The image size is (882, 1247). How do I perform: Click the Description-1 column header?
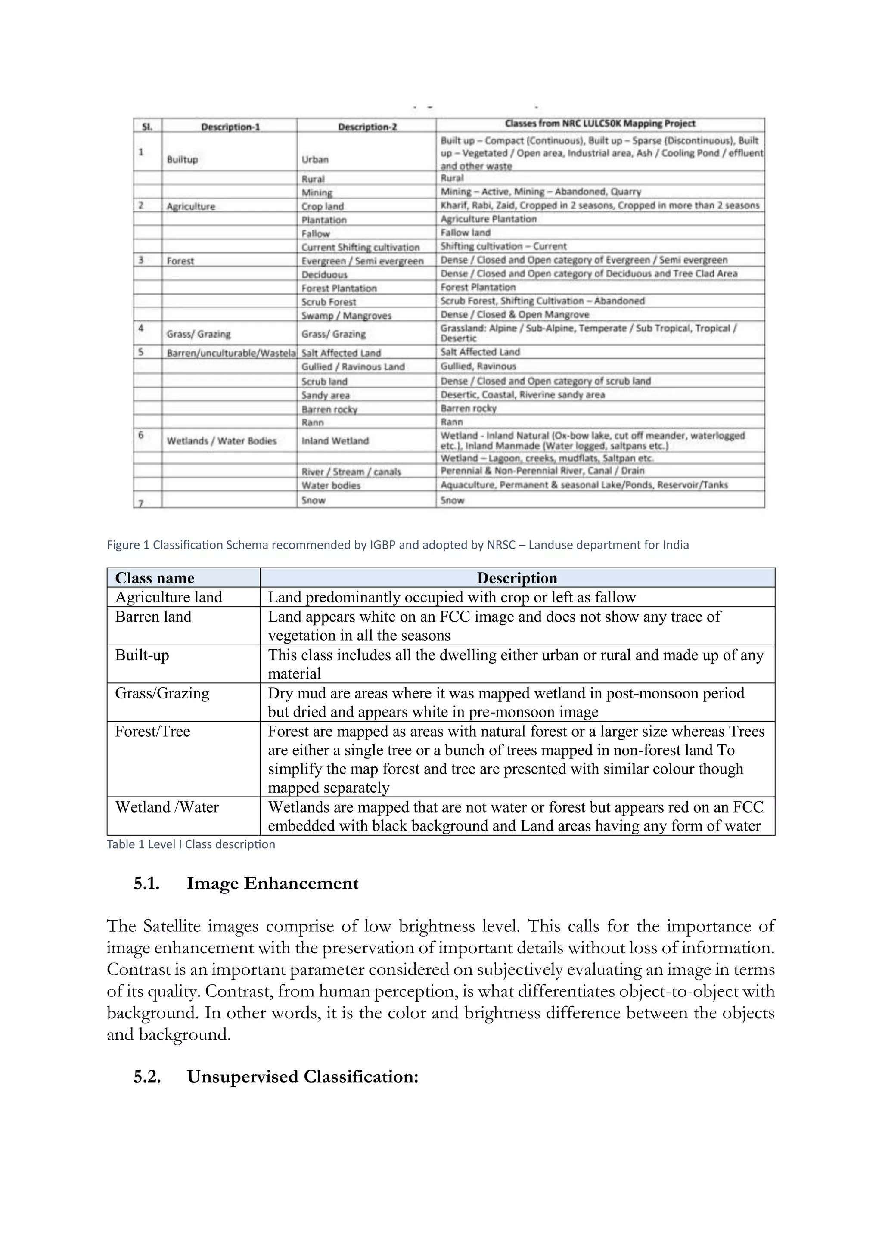pos(230,127)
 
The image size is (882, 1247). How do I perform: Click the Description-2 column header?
pos(367,127)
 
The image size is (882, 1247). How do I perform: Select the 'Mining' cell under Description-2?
pos(317,192)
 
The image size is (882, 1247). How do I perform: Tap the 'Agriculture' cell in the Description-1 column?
pos(191,206)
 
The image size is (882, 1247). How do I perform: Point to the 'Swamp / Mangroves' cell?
pos(347,316)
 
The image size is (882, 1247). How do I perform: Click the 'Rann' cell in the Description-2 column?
pos(313,422)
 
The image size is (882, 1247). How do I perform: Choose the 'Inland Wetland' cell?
pos(335,441)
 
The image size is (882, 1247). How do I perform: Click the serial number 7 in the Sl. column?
pos(141,503)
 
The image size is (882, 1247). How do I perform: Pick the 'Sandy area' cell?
pos(326,395)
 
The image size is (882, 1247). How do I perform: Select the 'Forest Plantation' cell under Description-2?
pos(339,288)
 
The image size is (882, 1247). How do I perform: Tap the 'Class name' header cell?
pos(155,578)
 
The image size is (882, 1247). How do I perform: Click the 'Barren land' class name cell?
pos(154,617)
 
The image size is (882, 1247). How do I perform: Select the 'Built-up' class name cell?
pos(142,655)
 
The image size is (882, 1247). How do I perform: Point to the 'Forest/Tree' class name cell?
pos(152,732)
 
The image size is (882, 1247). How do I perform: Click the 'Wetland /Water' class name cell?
pos(167,808)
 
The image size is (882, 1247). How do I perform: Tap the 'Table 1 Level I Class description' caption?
pos(191,844)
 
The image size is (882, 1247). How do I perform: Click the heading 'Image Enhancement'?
pos(273,884)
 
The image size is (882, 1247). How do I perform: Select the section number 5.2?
pos(147,1077)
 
